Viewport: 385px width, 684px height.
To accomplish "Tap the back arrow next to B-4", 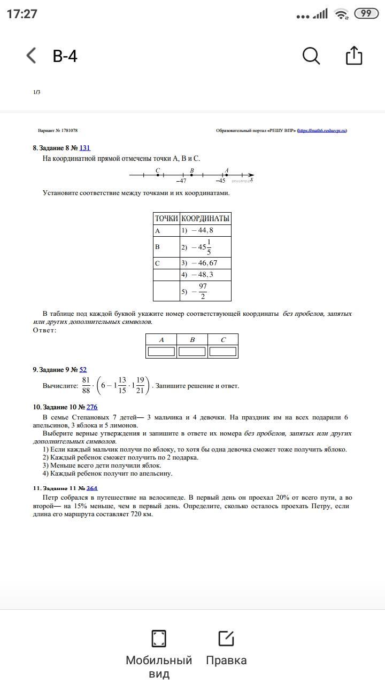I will pos(32,56).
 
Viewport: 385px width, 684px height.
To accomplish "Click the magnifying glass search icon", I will pos(311,56).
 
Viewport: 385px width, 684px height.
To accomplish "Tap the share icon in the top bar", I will pos(354,56).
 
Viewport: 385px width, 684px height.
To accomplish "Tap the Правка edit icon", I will pos(226,639).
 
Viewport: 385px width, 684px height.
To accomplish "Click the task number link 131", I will pos(84,148).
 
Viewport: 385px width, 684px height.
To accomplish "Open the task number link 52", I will pos(83,370).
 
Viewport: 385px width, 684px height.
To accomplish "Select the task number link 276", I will pos(91,407).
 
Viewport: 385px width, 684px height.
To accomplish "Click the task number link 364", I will pos(92,488).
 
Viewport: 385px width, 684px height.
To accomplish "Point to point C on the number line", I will pos(158,175).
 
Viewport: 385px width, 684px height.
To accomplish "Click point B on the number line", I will pos(191,175).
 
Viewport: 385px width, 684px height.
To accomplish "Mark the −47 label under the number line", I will pos(181,181).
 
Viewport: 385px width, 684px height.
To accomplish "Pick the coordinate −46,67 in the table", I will pos(200,263).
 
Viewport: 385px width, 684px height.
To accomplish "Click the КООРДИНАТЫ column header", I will pos(205,219).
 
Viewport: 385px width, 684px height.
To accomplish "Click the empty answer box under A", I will pos(161,352).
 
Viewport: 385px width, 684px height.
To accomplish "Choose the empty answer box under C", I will pos(222,352).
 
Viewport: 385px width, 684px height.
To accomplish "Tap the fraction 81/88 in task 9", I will pos(86,385).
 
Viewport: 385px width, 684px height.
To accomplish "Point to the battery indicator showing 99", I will pos(366,14).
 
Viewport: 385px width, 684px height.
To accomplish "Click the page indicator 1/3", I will pos(36,92).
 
